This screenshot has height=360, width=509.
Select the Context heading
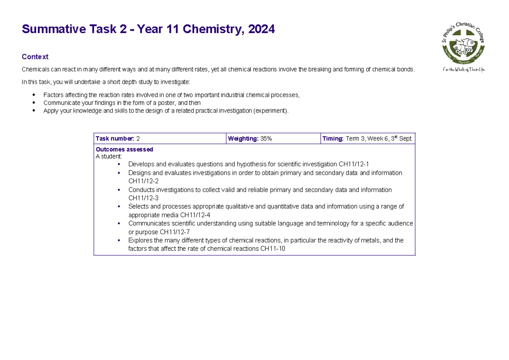(35, 57)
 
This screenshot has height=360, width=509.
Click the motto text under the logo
(463, 70)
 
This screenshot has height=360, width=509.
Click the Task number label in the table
(115, 139)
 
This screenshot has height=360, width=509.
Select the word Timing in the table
(333, 139)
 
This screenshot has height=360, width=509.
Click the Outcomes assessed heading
(124, 149)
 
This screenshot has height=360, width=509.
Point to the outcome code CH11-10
(273, 249)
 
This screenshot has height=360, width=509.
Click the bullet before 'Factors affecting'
(34, 95)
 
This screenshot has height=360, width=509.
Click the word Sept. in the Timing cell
(405, 139)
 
